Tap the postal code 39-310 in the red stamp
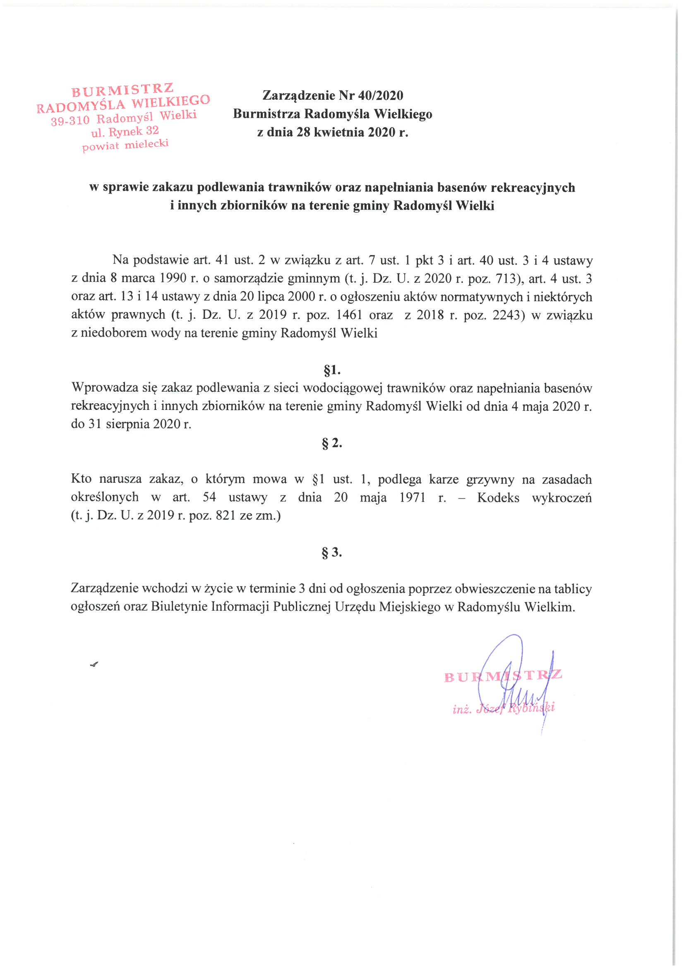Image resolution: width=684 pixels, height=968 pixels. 70,121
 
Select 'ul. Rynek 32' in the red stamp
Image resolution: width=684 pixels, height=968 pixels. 125,132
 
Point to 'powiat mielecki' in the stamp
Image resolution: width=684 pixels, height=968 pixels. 125,145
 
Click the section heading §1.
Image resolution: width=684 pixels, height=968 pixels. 332,370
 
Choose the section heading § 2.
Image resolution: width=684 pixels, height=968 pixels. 332,443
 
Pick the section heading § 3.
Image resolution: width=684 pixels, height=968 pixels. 332,552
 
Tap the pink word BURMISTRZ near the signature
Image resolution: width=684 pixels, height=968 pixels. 503,675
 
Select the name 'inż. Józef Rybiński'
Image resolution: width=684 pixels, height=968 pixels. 504,708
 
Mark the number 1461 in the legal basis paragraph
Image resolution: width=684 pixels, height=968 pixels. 349,315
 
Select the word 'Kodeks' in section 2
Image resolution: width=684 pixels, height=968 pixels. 498,498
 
